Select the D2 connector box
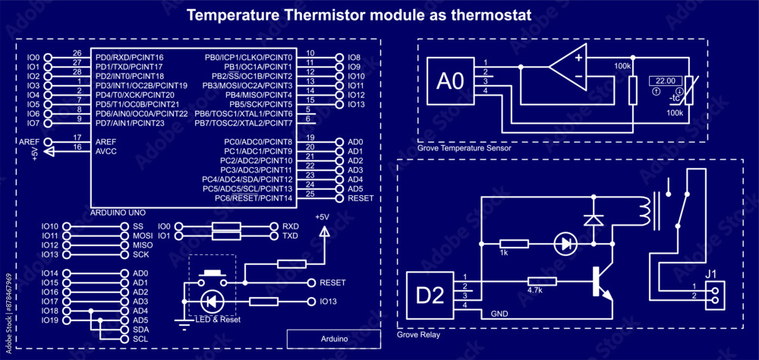[429, 295]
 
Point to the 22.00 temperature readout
[666, 80]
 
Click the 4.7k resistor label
[534, 289]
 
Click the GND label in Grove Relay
[499, 313]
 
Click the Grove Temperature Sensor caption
[464, 149]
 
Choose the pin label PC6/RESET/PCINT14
[254, 198]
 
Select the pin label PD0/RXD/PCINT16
[130, 58]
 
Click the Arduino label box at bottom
[333, 339]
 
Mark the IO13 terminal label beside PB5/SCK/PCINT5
[355, 104]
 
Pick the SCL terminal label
[140, 339]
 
